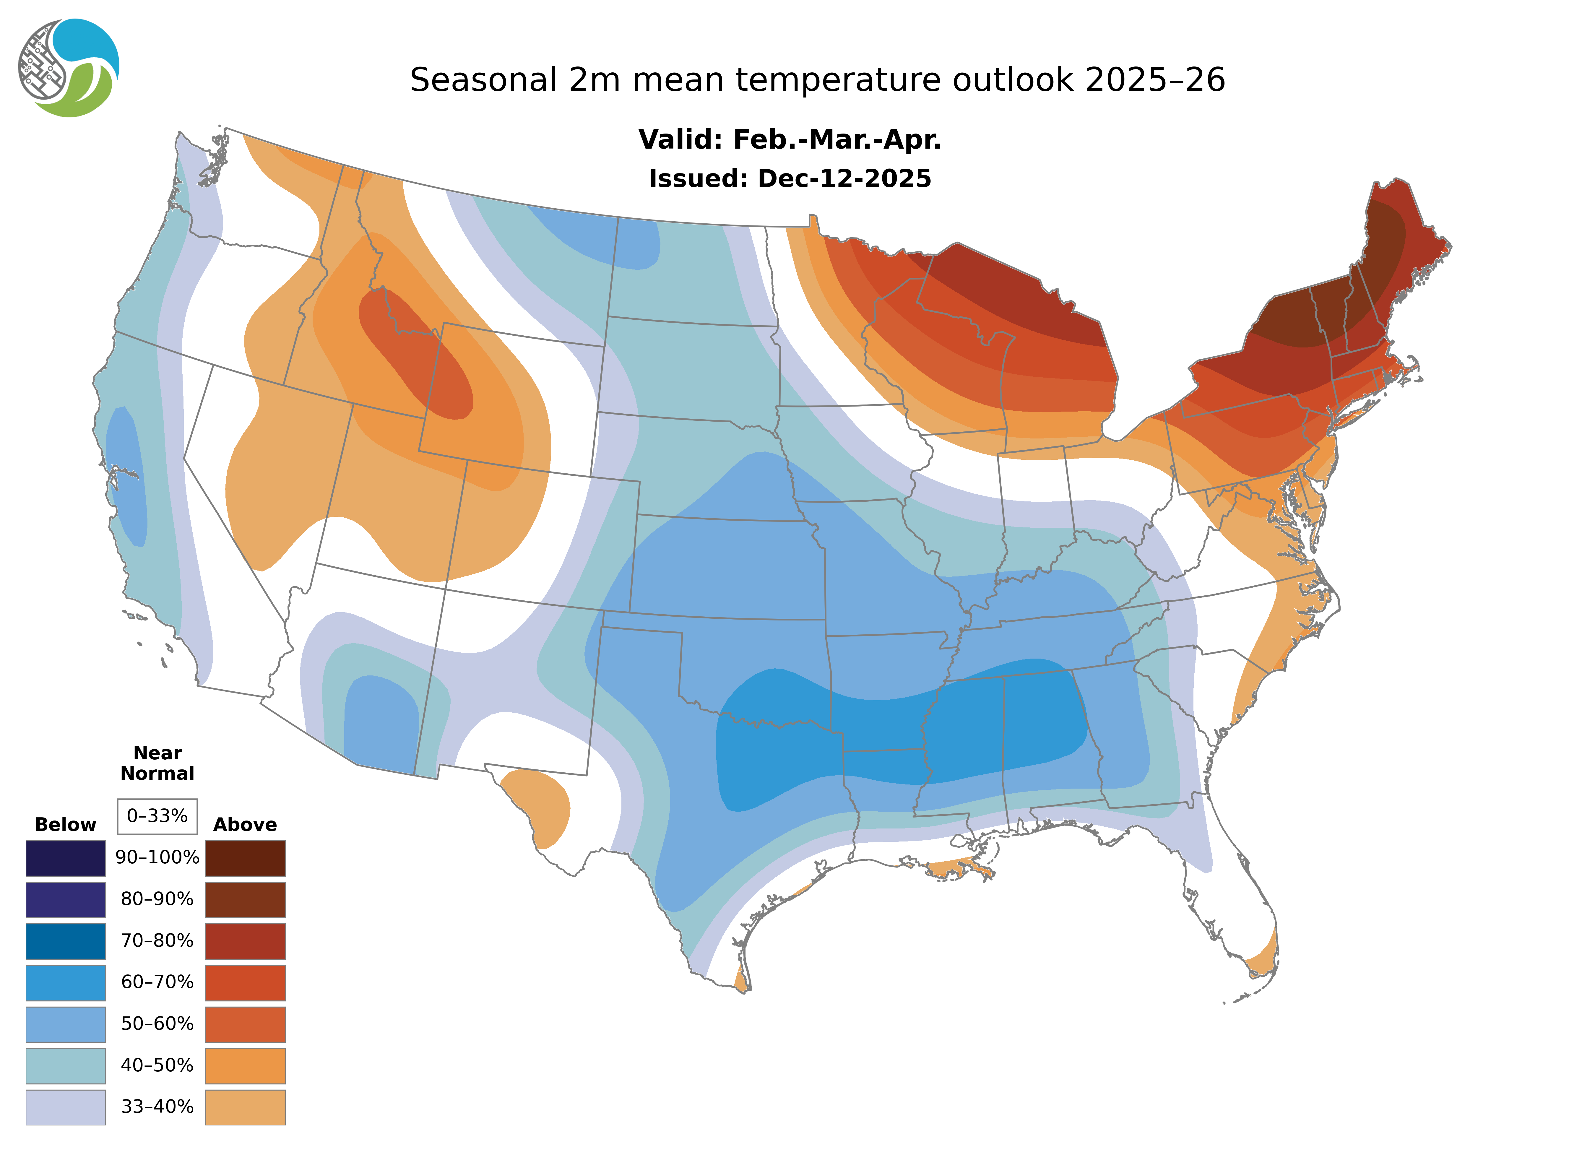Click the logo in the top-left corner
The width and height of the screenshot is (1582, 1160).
[x=69, y=68]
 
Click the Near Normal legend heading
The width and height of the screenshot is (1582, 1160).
[x=157, y=763]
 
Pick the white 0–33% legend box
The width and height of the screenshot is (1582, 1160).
[x=157, y=816]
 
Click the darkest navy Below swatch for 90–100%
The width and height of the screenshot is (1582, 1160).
[x=65, y=858]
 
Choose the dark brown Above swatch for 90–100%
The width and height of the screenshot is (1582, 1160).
[x=245, y=858]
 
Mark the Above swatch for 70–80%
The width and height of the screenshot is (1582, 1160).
[x=245, y=941]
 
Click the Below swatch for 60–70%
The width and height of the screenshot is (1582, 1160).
[x=65, y=982]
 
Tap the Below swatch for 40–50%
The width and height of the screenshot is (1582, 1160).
[x=65, y=1065]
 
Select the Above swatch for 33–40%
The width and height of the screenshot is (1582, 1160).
[x=245, y=1107]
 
